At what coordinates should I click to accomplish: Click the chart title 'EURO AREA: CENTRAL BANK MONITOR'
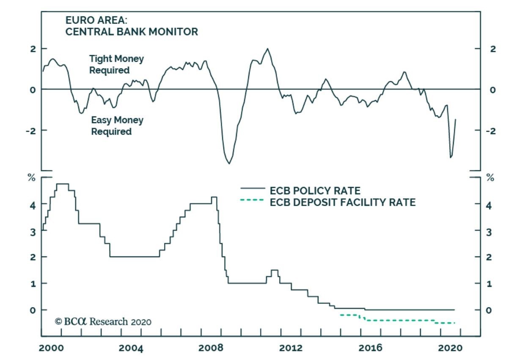[131, 26]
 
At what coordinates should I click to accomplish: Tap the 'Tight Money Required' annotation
[116, 64]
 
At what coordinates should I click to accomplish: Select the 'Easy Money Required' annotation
[117, 126]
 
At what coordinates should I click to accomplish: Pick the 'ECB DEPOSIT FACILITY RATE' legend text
[343, 203]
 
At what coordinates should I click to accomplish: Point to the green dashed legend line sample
[252, 200]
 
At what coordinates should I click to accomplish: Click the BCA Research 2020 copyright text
[103, 322]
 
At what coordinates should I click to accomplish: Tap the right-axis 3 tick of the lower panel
[490, 231]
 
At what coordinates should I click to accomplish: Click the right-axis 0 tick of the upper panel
[492, 90]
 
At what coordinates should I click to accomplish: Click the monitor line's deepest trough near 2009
[229, 163]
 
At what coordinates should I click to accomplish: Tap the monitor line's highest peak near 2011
[267, 49]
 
